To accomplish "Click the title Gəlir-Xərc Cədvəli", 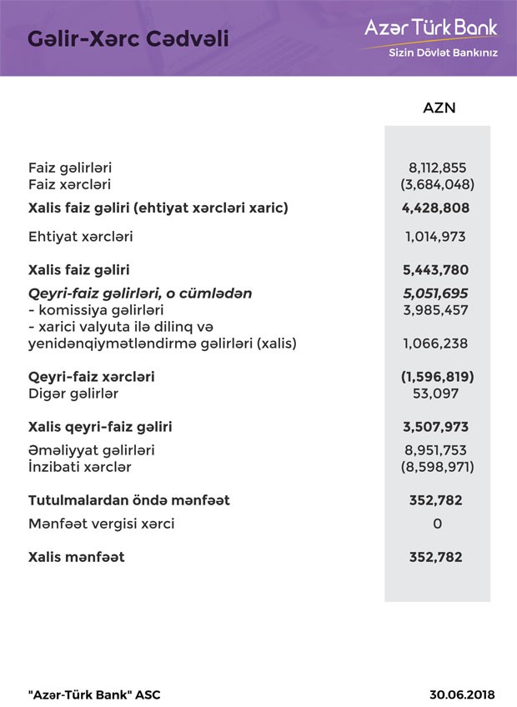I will point(128,38).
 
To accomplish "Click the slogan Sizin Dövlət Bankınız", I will point(443,56).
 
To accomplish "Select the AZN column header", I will point(439,108).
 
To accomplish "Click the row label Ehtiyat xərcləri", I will point(80,237).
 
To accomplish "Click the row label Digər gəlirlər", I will point(73,394).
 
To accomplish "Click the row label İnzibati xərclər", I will point(79,468).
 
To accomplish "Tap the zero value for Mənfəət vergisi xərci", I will point(438,524).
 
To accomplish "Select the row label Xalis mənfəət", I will point(76,557).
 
